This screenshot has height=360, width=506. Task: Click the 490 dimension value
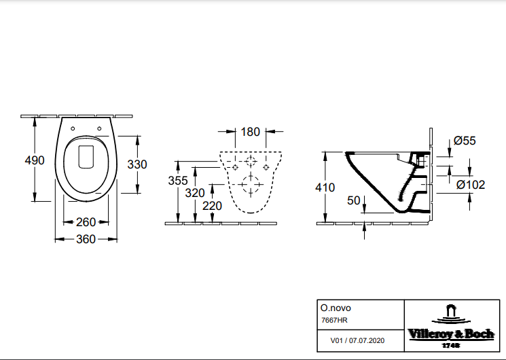click(34, 161)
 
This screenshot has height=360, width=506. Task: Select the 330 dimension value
click(138, 164)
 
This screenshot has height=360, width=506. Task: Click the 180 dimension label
click(251, 132)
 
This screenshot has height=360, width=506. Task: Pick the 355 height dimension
click(178, 180)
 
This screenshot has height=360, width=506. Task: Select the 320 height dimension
click(195, 192)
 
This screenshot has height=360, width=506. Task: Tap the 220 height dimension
click(212, 205)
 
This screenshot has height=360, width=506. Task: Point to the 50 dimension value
click(353, 200)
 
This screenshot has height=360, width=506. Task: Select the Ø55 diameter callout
click(465, 141)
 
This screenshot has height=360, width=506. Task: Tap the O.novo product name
click(334, 308)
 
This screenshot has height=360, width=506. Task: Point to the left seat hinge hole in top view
click(71, 127)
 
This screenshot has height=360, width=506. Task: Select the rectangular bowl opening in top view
click(86, 156)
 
